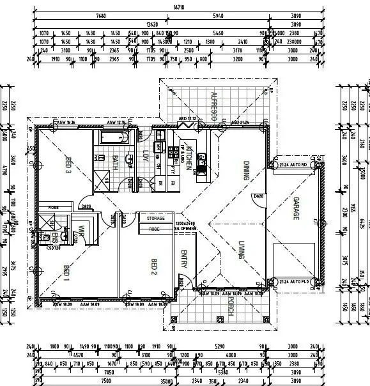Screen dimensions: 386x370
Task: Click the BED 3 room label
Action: click(68, 166)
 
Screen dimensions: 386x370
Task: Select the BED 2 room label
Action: click(153, 265)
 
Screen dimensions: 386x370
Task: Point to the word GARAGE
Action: click(296, 209)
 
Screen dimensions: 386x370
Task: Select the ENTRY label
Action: click(184, 260)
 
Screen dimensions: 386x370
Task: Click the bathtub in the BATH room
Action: click(114, 138)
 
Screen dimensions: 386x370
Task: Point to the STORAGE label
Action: click(155, 219)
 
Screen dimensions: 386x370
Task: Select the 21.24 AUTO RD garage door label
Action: click(293, 164)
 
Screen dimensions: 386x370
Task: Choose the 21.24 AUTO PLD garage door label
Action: click(294, 281)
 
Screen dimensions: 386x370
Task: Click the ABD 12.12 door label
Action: click(188, 120)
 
